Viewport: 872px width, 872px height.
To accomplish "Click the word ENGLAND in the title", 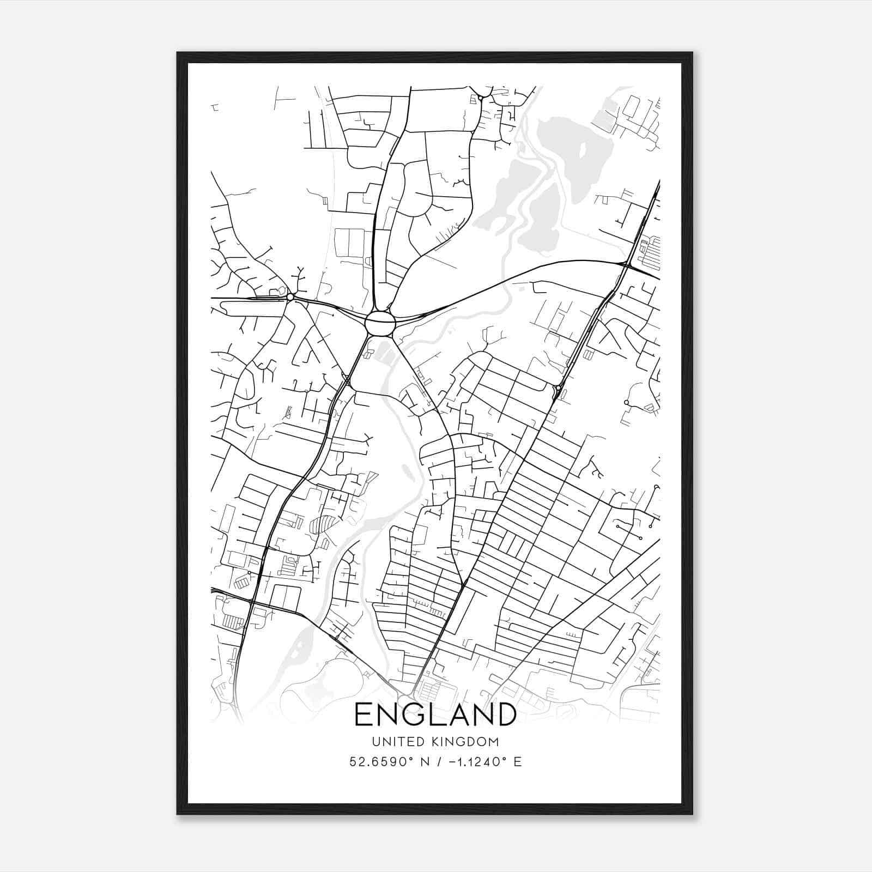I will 435,714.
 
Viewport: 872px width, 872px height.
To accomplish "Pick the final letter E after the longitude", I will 517,762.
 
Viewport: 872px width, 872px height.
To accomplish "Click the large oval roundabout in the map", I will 380,324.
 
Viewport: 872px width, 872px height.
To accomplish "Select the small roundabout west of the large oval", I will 290,297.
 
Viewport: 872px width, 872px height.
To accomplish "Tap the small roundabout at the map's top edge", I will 481,98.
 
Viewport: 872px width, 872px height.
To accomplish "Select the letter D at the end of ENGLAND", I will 505,714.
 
